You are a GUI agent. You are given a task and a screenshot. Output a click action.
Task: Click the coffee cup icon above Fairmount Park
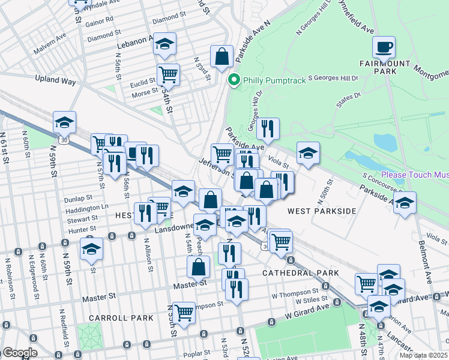384,46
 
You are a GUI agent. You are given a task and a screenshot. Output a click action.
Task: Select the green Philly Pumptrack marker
234,79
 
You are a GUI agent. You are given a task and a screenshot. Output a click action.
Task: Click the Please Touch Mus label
414,175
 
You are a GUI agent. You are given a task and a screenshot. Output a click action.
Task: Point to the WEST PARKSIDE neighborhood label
321,211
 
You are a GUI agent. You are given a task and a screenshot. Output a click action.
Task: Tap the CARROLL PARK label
114,316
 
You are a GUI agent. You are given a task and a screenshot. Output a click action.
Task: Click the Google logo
19,353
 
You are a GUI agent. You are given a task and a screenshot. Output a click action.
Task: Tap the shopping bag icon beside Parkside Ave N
221,56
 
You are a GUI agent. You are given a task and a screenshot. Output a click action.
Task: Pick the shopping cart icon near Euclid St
168,75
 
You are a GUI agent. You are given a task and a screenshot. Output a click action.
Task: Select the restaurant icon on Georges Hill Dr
268,128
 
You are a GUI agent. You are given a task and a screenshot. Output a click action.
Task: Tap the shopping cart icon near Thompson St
184,312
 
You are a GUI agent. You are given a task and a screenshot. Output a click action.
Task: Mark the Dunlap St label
79,197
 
